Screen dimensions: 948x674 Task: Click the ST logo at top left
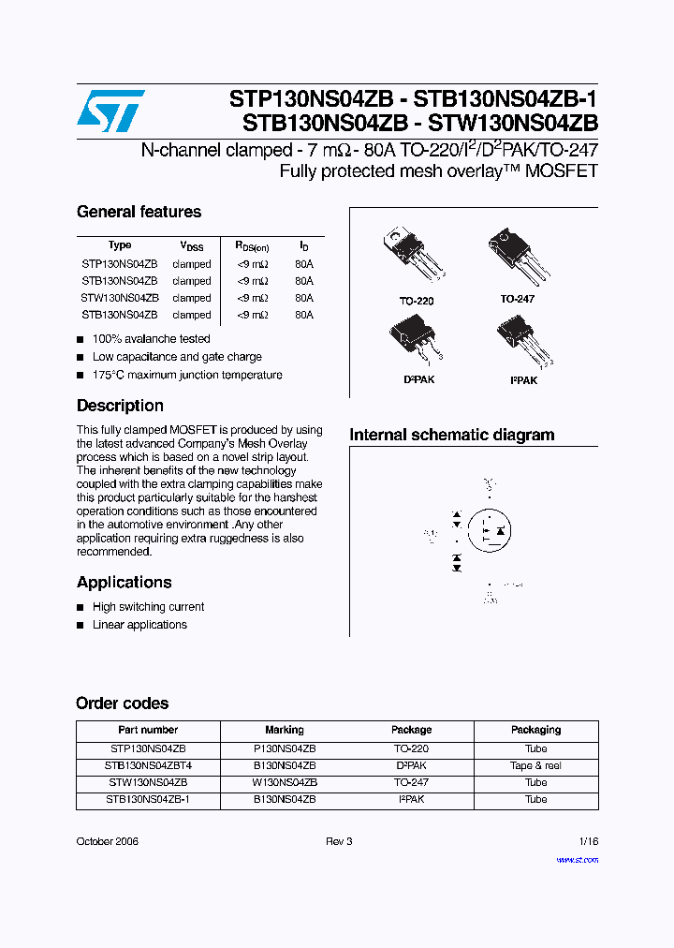pos(110,111)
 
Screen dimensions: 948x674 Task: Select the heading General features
pos(139,212)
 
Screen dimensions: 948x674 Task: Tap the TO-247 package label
pos(517,299)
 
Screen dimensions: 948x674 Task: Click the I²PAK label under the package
pos(523,380)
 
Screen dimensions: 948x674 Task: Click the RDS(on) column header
pos(252,246)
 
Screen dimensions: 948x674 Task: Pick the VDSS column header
pos(191,246)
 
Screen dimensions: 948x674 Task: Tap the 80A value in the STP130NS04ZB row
pos(304,264)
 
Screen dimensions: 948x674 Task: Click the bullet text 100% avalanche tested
pos(151,339)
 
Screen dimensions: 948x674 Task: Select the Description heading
pos(120,406)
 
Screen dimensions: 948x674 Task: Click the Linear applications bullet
pos(139,625)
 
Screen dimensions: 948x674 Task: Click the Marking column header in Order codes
pos(285,730)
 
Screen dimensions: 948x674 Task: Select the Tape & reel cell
pos(535,765)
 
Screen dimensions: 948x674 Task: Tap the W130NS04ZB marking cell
pos(285,782)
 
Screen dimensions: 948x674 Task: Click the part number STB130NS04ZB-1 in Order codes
pos(148,799)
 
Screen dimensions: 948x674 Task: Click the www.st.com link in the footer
pos(577,859)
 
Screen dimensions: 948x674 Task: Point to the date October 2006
pos(107,842)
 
